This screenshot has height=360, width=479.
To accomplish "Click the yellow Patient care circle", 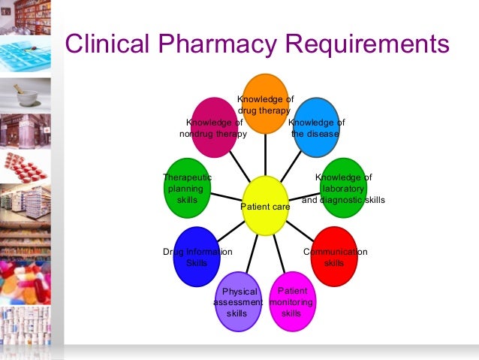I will tap(265, 204).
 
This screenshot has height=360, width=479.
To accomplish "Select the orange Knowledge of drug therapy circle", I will tap(266, 103).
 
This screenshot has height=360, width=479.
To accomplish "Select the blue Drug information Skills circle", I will tap(197, 256).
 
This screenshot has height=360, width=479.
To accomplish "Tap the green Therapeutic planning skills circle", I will tap(187, 187).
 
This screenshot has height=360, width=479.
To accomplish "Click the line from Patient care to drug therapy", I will tap(266, 154).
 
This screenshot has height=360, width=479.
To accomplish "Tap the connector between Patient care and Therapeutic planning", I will tap(225, 195).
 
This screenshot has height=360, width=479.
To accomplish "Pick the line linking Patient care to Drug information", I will tap(231, 230).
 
